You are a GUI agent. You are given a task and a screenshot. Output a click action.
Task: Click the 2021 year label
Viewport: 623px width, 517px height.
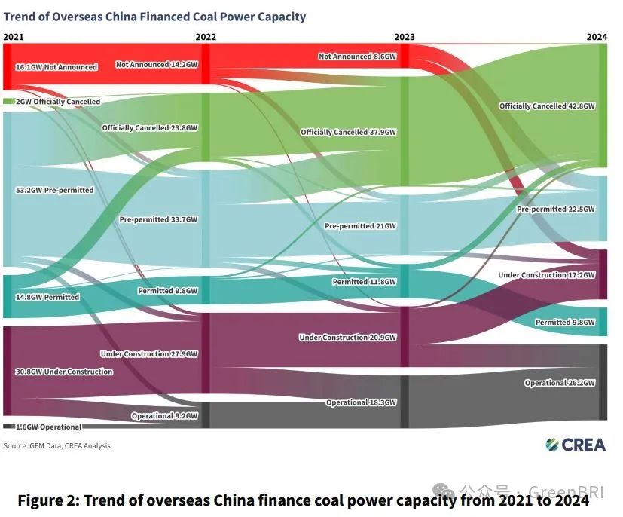pyautogui.click(x=13, y=36)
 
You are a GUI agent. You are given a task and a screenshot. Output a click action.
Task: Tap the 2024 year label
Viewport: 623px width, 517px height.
pyautogui.click(x=597, y=36)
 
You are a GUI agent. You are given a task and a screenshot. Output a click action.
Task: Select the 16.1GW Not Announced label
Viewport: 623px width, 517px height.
pyautogui.click(x=56, y=67)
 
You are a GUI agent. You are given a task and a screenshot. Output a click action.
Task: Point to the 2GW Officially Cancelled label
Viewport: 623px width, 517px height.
pyautogui.click(x=52, y=102)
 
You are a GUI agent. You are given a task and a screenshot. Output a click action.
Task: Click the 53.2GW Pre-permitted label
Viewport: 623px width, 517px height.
pyautogui.click(x=54, y=190)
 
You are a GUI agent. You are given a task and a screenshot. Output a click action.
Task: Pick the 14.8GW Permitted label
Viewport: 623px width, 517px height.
pyautogui.click(x=47, y=297)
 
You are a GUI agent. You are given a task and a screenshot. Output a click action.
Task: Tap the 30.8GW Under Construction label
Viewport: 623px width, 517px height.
pyautogui.click(x=64, y=372)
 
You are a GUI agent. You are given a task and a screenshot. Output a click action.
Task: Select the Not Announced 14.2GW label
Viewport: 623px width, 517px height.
pyautogui.click(x=157, y=65)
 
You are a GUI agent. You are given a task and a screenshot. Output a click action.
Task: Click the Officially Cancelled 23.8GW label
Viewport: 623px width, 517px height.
pyautogui.click(x=150, y=128)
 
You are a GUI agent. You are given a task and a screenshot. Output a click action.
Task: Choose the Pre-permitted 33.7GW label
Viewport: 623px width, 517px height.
pyautogui.click(x=158, y=220)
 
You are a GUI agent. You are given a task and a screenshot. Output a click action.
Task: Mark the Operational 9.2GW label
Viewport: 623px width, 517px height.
pyautogui.click(x=164, y=416)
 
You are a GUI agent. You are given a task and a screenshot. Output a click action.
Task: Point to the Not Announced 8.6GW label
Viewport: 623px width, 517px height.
pyautogui.click(x=356, y=57)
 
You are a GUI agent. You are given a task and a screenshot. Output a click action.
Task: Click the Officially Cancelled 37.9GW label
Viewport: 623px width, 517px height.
pyautogui.click(x=348, y=133)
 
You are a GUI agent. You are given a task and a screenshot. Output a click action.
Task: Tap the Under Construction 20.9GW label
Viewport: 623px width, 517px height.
pyautogui.click(x=347, y=338)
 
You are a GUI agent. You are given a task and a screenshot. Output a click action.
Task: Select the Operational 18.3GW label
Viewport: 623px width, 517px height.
pyautogui.click(x=361, y=403)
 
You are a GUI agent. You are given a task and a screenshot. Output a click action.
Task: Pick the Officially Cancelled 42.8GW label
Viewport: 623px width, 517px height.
pyautogui.click(x=547, y=106)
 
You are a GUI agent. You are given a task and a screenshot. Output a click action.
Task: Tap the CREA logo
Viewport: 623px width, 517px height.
pyautogui.click(x=576, y=445)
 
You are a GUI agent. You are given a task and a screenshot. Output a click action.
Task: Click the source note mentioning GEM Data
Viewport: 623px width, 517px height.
pyautogui.click(x=56, y=446)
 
